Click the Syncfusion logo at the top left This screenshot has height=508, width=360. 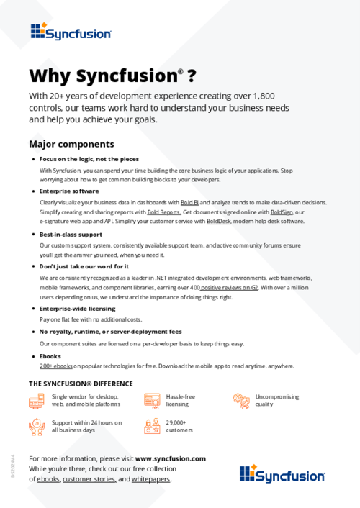coord(71,31)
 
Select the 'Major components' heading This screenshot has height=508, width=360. coord(71,144)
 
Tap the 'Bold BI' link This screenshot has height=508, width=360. coord(189,203)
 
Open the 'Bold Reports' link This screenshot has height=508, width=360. coord(164,212)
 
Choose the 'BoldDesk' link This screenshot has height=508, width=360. coord(219,222)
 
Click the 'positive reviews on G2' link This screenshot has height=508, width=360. coord(230,287)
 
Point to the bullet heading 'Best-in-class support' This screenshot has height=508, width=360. coord(71,235)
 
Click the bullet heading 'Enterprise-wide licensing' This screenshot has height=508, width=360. coord(78,308)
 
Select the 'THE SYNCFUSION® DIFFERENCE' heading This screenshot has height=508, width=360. coord(81,384)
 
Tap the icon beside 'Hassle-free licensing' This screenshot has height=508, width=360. coord(152,401)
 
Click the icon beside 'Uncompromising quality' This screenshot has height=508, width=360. coord(240,401)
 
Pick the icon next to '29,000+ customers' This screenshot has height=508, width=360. coord(152,427)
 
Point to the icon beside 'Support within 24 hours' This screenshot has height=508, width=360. coord(37,427)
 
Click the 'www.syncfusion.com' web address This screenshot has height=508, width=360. coord(171,458)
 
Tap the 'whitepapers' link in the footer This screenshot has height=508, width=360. coord(151,478)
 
